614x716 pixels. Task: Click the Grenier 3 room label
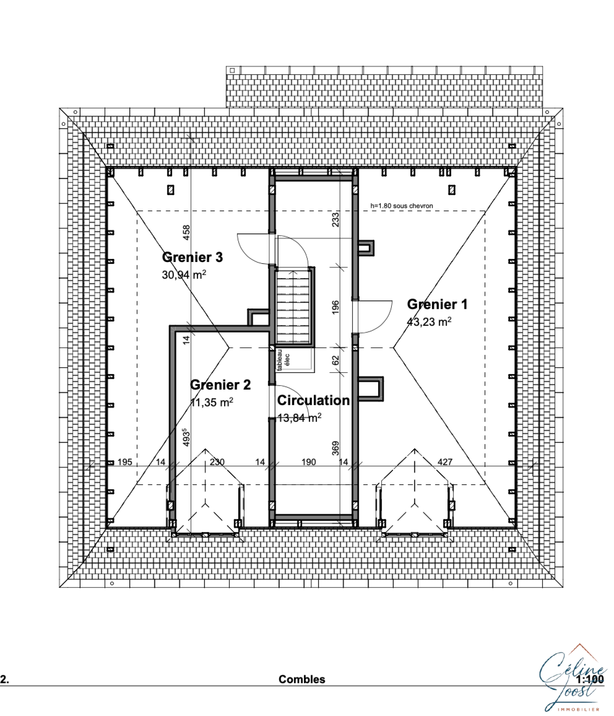point(192,257)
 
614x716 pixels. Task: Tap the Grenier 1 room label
point(437,304)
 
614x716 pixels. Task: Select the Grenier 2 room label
point(220,385)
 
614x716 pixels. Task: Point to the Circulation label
point(313,400)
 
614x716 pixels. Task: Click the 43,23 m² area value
point(429,322)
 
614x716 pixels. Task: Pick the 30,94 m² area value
point(184,274)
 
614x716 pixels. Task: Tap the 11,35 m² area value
point(212,402)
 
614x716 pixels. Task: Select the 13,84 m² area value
point(299,418)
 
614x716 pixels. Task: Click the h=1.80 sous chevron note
point(401,206)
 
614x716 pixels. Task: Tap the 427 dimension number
point(445,462)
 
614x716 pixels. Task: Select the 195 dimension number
point(125,462)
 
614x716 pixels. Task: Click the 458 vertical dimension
point(186,232)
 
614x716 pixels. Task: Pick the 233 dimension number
point(335,219)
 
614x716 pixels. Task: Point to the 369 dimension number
point(335,448)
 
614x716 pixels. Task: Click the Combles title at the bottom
point(302,679)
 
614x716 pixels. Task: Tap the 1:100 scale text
point(590,679)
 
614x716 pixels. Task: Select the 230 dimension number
point(217,462)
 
